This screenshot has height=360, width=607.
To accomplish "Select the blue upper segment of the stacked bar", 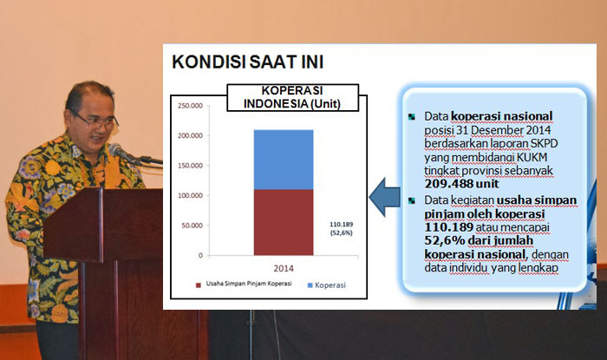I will (283, 159).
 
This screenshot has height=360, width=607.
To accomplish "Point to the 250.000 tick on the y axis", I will (190, 106).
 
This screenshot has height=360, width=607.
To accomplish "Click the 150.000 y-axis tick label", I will (190, 166).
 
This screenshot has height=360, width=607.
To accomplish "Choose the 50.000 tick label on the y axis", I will (192, 226).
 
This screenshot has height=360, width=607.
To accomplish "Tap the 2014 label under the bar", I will (284, 267).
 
